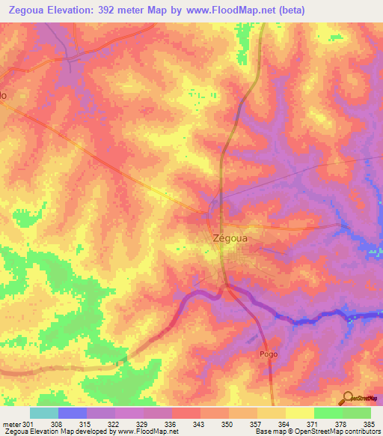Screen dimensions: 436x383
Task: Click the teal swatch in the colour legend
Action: coord(43,413)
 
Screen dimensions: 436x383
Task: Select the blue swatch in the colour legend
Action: coord(72,413)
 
